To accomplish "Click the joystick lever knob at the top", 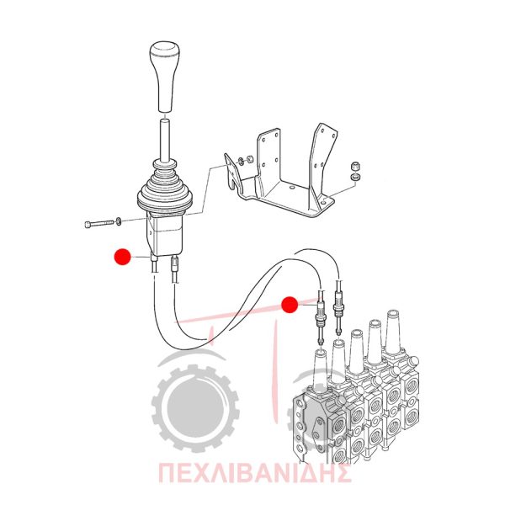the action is (x=164, y=77).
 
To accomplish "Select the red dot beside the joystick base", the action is (x=122, y=257).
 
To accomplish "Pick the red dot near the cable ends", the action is (x=290, y=305).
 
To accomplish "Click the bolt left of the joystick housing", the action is (x=99, y=223).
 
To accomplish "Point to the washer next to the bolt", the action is (x=118, y=221).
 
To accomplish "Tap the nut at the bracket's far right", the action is (x=355, y=167).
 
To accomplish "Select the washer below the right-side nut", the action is (x=355, y=177).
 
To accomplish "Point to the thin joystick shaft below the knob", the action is (x=165, y=140).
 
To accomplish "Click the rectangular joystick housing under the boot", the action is (x=165, y=235).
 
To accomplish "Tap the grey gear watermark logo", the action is (x=195, y=408).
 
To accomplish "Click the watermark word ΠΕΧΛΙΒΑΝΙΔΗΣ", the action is (x=254, y=473).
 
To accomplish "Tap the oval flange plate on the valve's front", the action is (x=316, y=433).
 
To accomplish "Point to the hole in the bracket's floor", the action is (x=291, y=188).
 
